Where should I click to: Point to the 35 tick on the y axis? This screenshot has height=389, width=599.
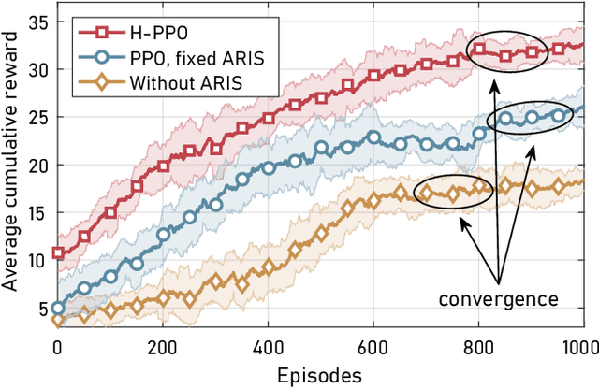(37, 22)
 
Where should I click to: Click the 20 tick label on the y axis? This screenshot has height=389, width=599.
(37, 165)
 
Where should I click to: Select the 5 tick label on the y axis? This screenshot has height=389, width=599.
(42, 308)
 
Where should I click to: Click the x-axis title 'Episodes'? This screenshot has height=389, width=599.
(320, 374)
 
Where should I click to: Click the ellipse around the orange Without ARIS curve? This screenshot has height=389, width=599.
(453, 191)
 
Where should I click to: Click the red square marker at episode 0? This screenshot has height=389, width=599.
(58, 252)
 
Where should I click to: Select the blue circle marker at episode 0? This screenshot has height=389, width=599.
(58, 308)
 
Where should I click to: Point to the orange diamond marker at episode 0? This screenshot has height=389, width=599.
(58, 320)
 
